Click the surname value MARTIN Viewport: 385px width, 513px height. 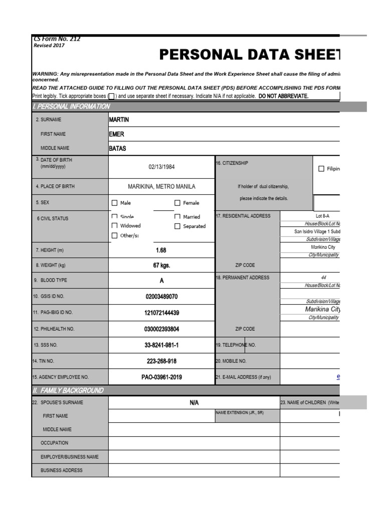(119, 120)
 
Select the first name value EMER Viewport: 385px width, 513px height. (116, 134)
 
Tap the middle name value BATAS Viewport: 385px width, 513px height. (118, 148)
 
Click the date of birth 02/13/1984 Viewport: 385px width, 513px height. (161, 167)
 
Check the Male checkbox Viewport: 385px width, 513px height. (115, 203)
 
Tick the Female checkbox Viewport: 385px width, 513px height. (177, 203)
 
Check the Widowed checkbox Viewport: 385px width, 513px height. (115, 226)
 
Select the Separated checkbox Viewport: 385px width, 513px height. (177, 226)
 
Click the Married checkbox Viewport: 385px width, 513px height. (177, 217)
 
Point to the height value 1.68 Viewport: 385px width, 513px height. (161, 250)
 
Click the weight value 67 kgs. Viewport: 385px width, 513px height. (161, 266)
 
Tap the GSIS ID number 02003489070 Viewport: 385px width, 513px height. (161, 297)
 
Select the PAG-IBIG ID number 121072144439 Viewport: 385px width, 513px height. (161, 313)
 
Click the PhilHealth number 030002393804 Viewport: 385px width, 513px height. (161, 329)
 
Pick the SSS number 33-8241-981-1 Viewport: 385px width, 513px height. (161, 345)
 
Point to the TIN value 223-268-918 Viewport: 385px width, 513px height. (161, 361)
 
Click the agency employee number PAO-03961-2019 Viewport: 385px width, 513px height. (161, 377)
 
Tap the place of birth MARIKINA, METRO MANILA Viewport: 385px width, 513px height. (161, 186)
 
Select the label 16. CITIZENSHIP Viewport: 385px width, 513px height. (232, 163)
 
